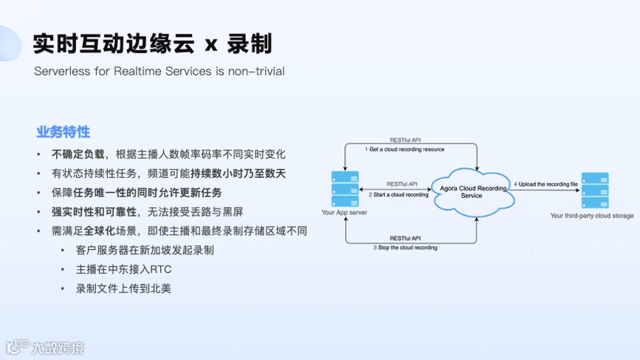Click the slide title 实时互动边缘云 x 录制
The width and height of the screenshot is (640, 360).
point(152,43)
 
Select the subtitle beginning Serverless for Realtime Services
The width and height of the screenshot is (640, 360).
point(159,71)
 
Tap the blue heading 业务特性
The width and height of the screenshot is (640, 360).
point(63,132)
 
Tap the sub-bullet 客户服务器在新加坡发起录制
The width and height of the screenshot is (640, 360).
point(145,250)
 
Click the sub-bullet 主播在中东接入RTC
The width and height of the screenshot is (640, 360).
point(124,269)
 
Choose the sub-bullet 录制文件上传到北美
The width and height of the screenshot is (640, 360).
point(124,289)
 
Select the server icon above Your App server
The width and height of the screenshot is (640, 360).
point(344,189)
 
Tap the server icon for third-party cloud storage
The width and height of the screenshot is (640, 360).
point(595,190)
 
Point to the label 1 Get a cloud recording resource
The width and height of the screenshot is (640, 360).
point(404,150)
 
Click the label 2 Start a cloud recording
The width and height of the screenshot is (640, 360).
point(399,195)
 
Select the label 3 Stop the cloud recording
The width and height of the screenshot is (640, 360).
point(405,247)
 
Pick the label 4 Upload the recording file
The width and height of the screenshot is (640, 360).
point(545,184)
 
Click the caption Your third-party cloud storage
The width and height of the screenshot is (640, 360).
point(592,216)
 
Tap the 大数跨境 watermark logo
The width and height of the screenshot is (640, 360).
point(45,347)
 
